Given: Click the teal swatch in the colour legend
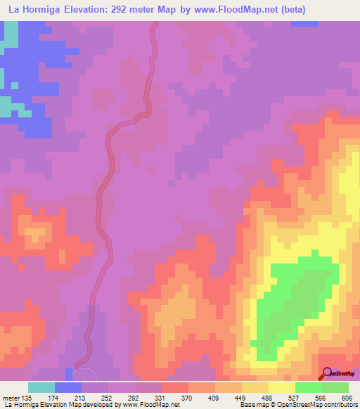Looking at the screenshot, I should [x=41, y=388].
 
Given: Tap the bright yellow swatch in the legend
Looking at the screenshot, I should [x=282, y=388].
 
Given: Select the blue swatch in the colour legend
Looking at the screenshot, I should [x=68, y=388].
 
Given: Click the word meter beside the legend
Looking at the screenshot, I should [x=11, y=398].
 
